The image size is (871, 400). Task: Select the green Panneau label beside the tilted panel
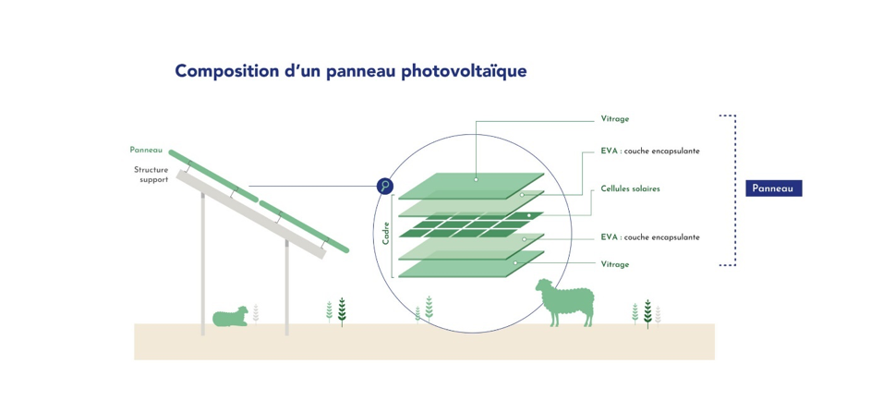pyautogui.click(x=146, y=150)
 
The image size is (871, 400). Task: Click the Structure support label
pyautogui.click(x=151, y=175)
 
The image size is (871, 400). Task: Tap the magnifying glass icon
pyautogui.click(x=385, y=186)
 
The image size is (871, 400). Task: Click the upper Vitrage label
pyautogui.click(x=615, y=119)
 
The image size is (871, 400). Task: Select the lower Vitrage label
pyautogui.click(x=615, y=264)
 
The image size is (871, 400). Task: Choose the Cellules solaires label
pyautogui.click(x=631, y=188)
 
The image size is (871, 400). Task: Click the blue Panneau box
pyautogui.click(x=773, y=188)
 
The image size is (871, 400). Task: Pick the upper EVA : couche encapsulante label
pyautogui.click(x=650, y=152)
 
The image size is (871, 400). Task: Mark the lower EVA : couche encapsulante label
pyautogui.click(x=650, y=237)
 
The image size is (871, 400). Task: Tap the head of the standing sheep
pyautogui.click(x=543, y=288)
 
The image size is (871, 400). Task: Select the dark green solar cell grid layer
pyautogui.click(x=471, y=224)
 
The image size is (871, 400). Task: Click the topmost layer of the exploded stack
pyautogui.click(x=471, y=186)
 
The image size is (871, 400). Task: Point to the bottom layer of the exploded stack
pyautogui.click(x=471, y=264)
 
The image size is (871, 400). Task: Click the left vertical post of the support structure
pyautogui.click(x=203, y=264)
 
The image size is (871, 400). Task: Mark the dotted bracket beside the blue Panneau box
pyautogui.click(x=734, y=190)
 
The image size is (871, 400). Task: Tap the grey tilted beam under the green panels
pyautogui.click(x=250, y=214)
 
